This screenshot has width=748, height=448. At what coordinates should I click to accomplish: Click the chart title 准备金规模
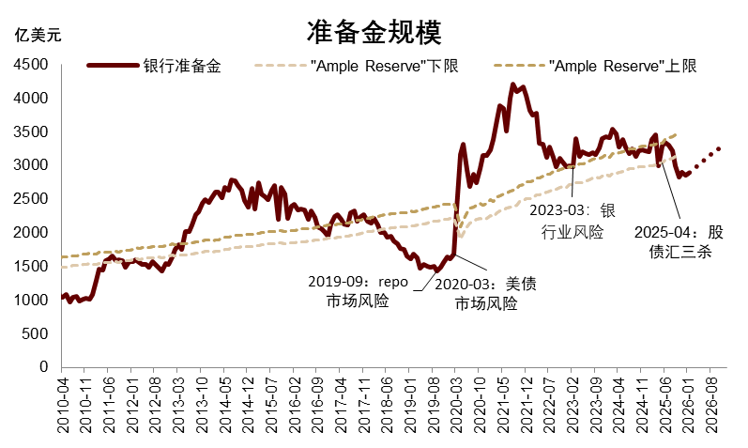pyautogui.click(x=374, y=33)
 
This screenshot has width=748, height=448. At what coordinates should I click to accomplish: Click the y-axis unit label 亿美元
pyautogui.click(x=38, y=37)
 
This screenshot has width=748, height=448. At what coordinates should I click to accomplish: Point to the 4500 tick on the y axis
pyautogui.click(x=34, y=65)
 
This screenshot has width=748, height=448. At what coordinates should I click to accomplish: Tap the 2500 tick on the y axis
pyautogui.click(x=34, y=199)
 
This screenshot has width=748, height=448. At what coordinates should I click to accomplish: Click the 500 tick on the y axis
pyautogui.click(x=38, y=333)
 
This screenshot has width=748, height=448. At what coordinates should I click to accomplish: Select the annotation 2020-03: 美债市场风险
pyautogui.click(x=485, y=292)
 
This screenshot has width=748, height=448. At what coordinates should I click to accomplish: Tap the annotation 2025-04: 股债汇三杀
pyautogui.click(x=679, y=240)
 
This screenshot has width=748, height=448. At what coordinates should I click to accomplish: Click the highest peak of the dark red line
pyautogui.click(x=512, y=85)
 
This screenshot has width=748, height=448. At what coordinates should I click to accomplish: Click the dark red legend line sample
pyautogui.click(x=112, y=67)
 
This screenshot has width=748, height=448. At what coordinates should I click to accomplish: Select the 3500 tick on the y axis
pyautogui.click(x=34, y=132)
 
